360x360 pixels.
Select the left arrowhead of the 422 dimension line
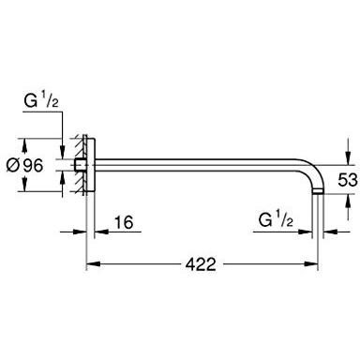click(x=92, y=264)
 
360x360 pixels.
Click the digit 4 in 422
click(x=187, y=264)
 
